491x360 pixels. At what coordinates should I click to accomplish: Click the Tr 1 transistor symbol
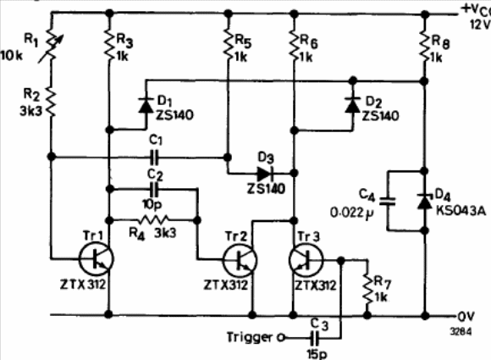97,259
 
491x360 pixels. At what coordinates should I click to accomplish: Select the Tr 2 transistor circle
240,260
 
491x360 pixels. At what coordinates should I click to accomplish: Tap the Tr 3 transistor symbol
306,260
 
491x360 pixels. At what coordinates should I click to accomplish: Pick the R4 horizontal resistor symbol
153,220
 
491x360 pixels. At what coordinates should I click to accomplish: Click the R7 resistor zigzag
367,289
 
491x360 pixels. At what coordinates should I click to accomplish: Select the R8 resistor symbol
425,46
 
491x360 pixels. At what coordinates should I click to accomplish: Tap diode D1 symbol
146,105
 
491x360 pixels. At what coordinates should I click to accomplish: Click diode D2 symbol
353,105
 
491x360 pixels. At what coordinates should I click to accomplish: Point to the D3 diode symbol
265,173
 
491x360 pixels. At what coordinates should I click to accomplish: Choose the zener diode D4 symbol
425,201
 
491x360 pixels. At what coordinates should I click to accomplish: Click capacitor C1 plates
155,157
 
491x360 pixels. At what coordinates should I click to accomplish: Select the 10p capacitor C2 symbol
155,189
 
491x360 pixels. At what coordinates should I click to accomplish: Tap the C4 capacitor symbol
388,201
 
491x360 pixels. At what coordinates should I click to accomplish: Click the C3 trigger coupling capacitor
317,338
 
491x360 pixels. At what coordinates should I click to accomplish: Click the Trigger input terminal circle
281,338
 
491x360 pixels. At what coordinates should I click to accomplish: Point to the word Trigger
250,337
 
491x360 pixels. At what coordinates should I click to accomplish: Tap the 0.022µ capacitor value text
352,213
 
